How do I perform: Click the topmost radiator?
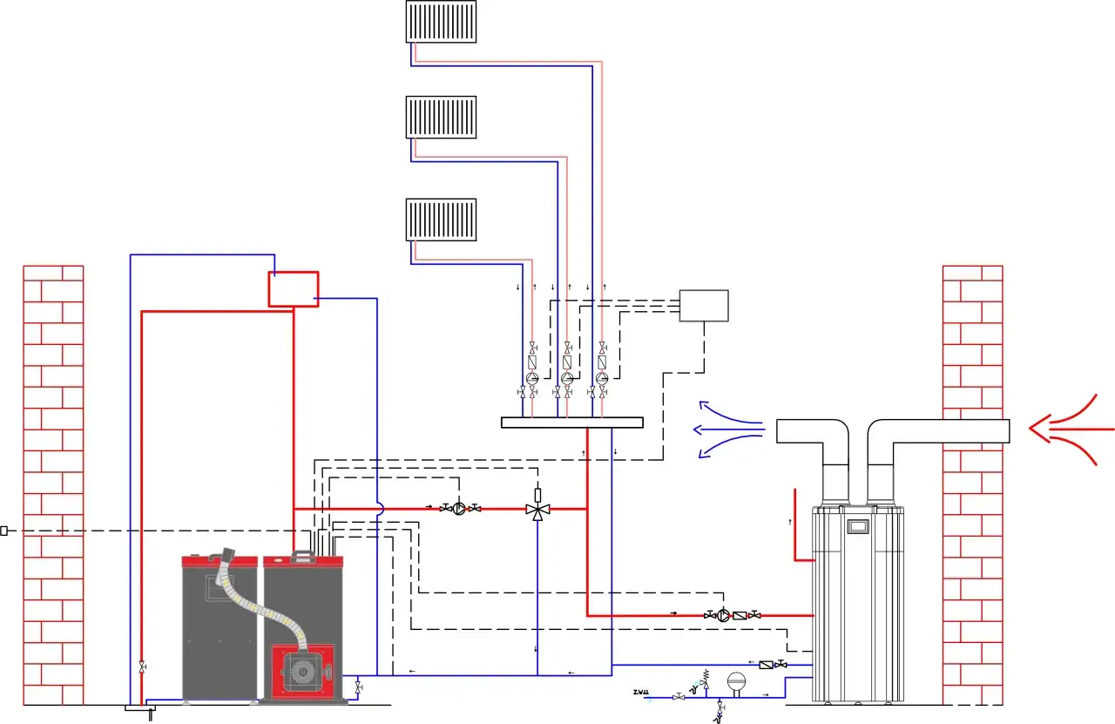[x=442, y=22]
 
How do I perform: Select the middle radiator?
[x=442, y=117]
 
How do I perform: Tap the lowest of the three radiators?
[x=442, y=220]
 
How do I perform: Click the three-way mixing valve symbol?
[x=537, y=510]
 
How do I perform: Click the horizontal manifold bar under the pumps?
[x=571, y=423]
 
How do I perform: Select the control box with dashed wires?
[x=704, y=306]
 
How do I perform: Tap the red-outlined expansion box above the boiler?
[x=293, y=288]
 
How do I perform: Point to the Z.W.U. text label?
[x=642, y=693]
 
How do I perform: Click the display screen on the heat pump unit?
[x=859, y=526]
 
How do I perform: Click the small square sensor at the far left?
[x=3, y=531]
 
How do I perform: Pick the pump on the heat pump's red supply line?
[x=724, y=615]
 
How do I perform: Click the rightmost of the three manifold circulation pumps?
[x=602, y=379]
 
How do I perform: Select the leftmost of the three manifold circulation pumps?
[x=533, y=379]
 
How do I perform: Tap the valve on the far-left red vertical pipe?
[x=142, y=666]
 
